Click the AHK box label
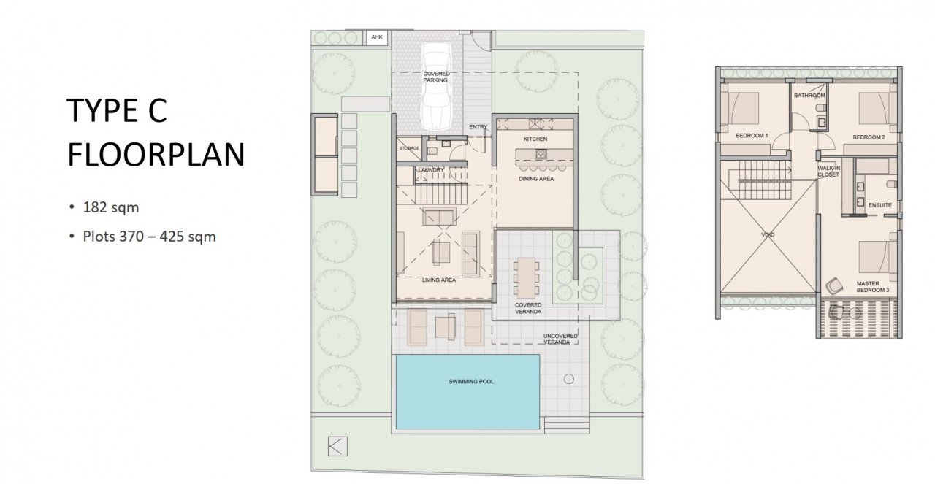(x=377, y=37)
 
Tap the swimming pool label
(x=471, y=381)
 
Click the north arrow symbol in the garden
(x=337, y=446)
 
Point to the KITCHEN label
(x=535, y=139)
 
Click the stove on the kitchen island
(x=541, y=155)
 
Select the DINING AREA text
(x=536, y=179)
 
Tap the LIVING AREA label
(x=439, y=280)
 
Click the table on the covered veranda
(x=526, y=277)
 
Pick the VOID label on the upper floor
(x=768, y=234)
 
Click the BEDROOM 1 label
(x=752, y=136)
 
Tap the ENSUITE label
(x=880, y=205)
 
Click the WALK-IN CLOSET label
(x=828, y=172)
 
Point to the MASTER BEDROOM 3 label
(x=873, y=287)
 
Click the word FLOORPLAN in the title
(x=156, y=155)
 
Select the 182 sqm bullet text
(x=110, y=207)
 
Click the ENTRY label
(x=478, y=127)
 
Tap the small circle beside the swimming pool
(x=568, y=380)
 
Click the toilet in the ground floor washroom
(x=432, y=151)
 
